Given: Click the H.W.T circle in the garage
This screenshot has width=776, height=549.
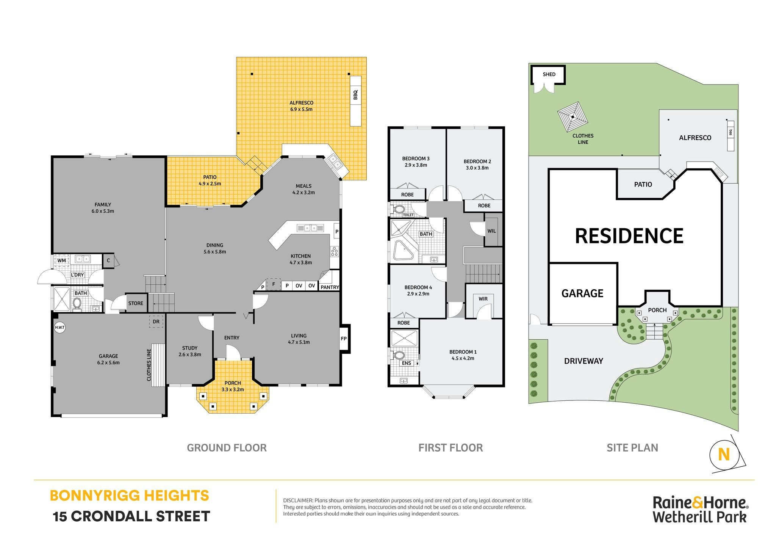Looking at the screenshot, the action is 60,327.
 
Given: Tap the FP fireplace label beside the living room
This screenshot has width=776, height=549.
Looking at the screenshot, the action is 344,339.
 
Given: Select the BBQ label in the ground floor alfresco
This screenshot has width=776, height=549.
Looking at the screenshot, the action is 355,94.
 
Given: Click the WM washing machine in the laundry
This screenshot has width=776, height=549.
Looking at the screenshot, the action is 61,260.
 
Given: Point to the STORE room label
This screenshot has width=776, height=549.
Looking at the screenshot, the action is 136,303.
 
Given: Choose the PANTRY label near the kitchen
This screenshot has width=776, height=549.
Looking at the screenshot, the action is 330,287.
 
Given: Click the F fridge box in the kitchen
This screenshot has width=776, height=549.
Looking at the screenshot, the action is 274,284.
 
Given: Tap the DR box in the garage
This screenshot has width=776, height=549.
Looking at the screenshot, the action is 156,322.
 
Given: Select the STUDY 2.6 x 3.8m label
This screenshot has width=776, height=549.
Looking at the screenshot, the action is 190,351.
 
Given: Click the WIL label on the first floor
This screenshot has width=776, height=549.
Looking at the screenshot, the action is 491,231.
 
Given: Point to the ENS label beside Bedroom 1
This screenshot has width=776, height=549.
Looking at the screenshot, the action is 406,363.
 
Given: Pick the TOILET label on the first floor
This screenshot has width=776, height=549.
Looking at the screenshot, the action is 408,215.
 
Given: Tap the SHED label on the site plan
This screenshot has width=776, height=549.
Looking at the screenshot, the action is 549,74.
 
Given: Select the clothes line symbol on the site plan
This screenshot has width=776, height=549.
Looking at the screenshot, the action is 573,117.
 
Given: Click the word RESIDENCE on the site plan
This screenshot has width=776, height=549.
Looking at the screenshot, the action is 629,236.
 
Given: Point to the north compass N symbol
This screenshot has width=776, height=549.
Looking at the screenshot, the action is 724,454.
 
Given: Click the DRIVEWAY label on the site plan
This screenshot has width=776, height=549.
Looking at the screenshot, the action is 584,361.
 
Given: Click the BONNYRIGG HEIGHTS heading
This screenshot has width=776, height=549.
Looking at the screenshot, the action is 129,496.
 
